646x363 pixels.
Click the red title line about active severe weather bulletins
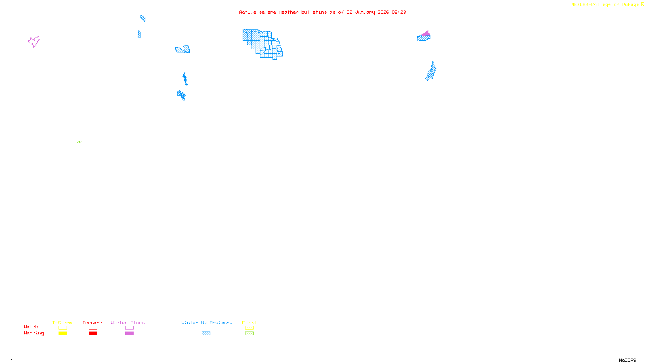tap(322, 12)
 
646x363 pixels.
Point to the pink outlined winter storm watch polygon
tap(34, 41)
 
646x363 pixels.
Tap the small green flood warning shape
tap(79, 142)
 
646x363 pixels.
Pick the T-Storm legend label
tap(62, 323)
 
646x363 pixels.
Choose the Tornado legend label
tap(92, 323)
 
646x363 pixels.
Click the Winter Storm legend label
tap(128, 323)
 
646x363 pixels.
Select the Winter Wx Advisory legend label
tap(207, 323)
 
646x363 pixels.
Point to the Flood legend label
tap(249, 323)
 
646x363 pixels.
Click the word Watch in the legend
tap(31, 327)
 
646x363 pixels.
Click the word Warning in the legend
tap(34, 333)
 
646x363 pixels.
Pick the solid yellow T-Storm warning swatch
tap(63, 334)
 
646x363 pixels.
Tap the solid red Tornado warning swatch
tap(93, 334)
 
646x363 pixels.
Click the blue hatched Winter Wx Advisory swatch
tap(206, 334)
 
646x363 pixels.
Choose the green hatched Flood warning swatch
tap(249, 334)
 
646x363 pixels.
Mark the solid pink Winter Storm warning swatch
tap(129, 334)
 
